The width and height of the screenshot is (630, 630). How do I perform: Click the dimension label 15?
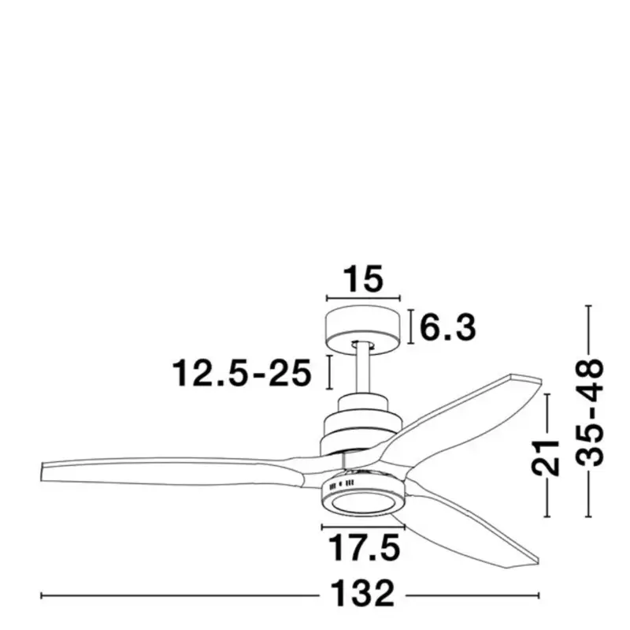click(364, 279)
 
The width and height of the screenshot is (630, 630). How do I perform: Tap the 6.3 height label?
click(448, 327)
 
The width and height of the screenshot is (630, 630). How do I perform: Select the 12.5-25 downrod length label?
click(242, 373)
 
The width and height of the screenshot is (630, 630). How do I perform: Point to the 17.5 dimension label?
click(364, 547)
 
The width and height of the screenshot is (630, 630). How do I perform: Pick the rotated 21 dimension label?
click(546, 458)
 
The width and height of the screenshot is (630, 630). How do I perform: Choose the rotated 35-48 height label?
click(590, 412)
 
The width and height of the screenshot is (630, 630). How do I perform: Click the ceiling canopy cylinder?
click(363, 330)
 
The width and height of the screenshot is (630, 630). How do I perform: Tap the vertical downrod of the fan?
click(363, 369)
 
